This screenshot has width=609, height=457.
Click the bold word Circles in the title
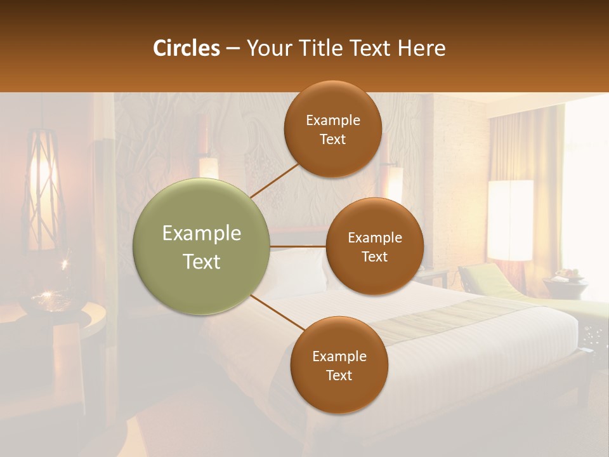tap(186, 48)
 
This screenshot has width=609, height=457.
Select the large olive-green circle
tap(202, 247)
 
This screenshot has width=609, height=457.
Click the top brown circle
tap(332, 129)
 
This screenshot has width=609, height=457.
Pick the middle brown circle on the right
tap(374, 246)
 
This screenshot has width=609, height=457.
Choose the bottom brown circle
tap(339, 365)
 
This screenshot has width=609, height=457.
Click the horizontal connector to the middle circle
tap(298, 246)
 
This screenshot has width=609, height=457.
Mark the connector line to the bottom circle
tap(278, 314)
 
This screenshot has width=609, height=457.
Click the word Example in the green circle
tap(202, 234)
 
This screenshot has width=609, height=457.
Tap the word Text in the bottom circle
tap(339, 375)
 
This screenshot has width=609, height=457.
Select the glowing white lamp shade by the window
tap(510, 220)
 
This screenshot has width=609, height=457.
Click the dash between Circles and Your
tap(233, 49)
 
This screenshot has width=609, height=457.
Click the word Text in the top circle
tap(332, 139)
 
